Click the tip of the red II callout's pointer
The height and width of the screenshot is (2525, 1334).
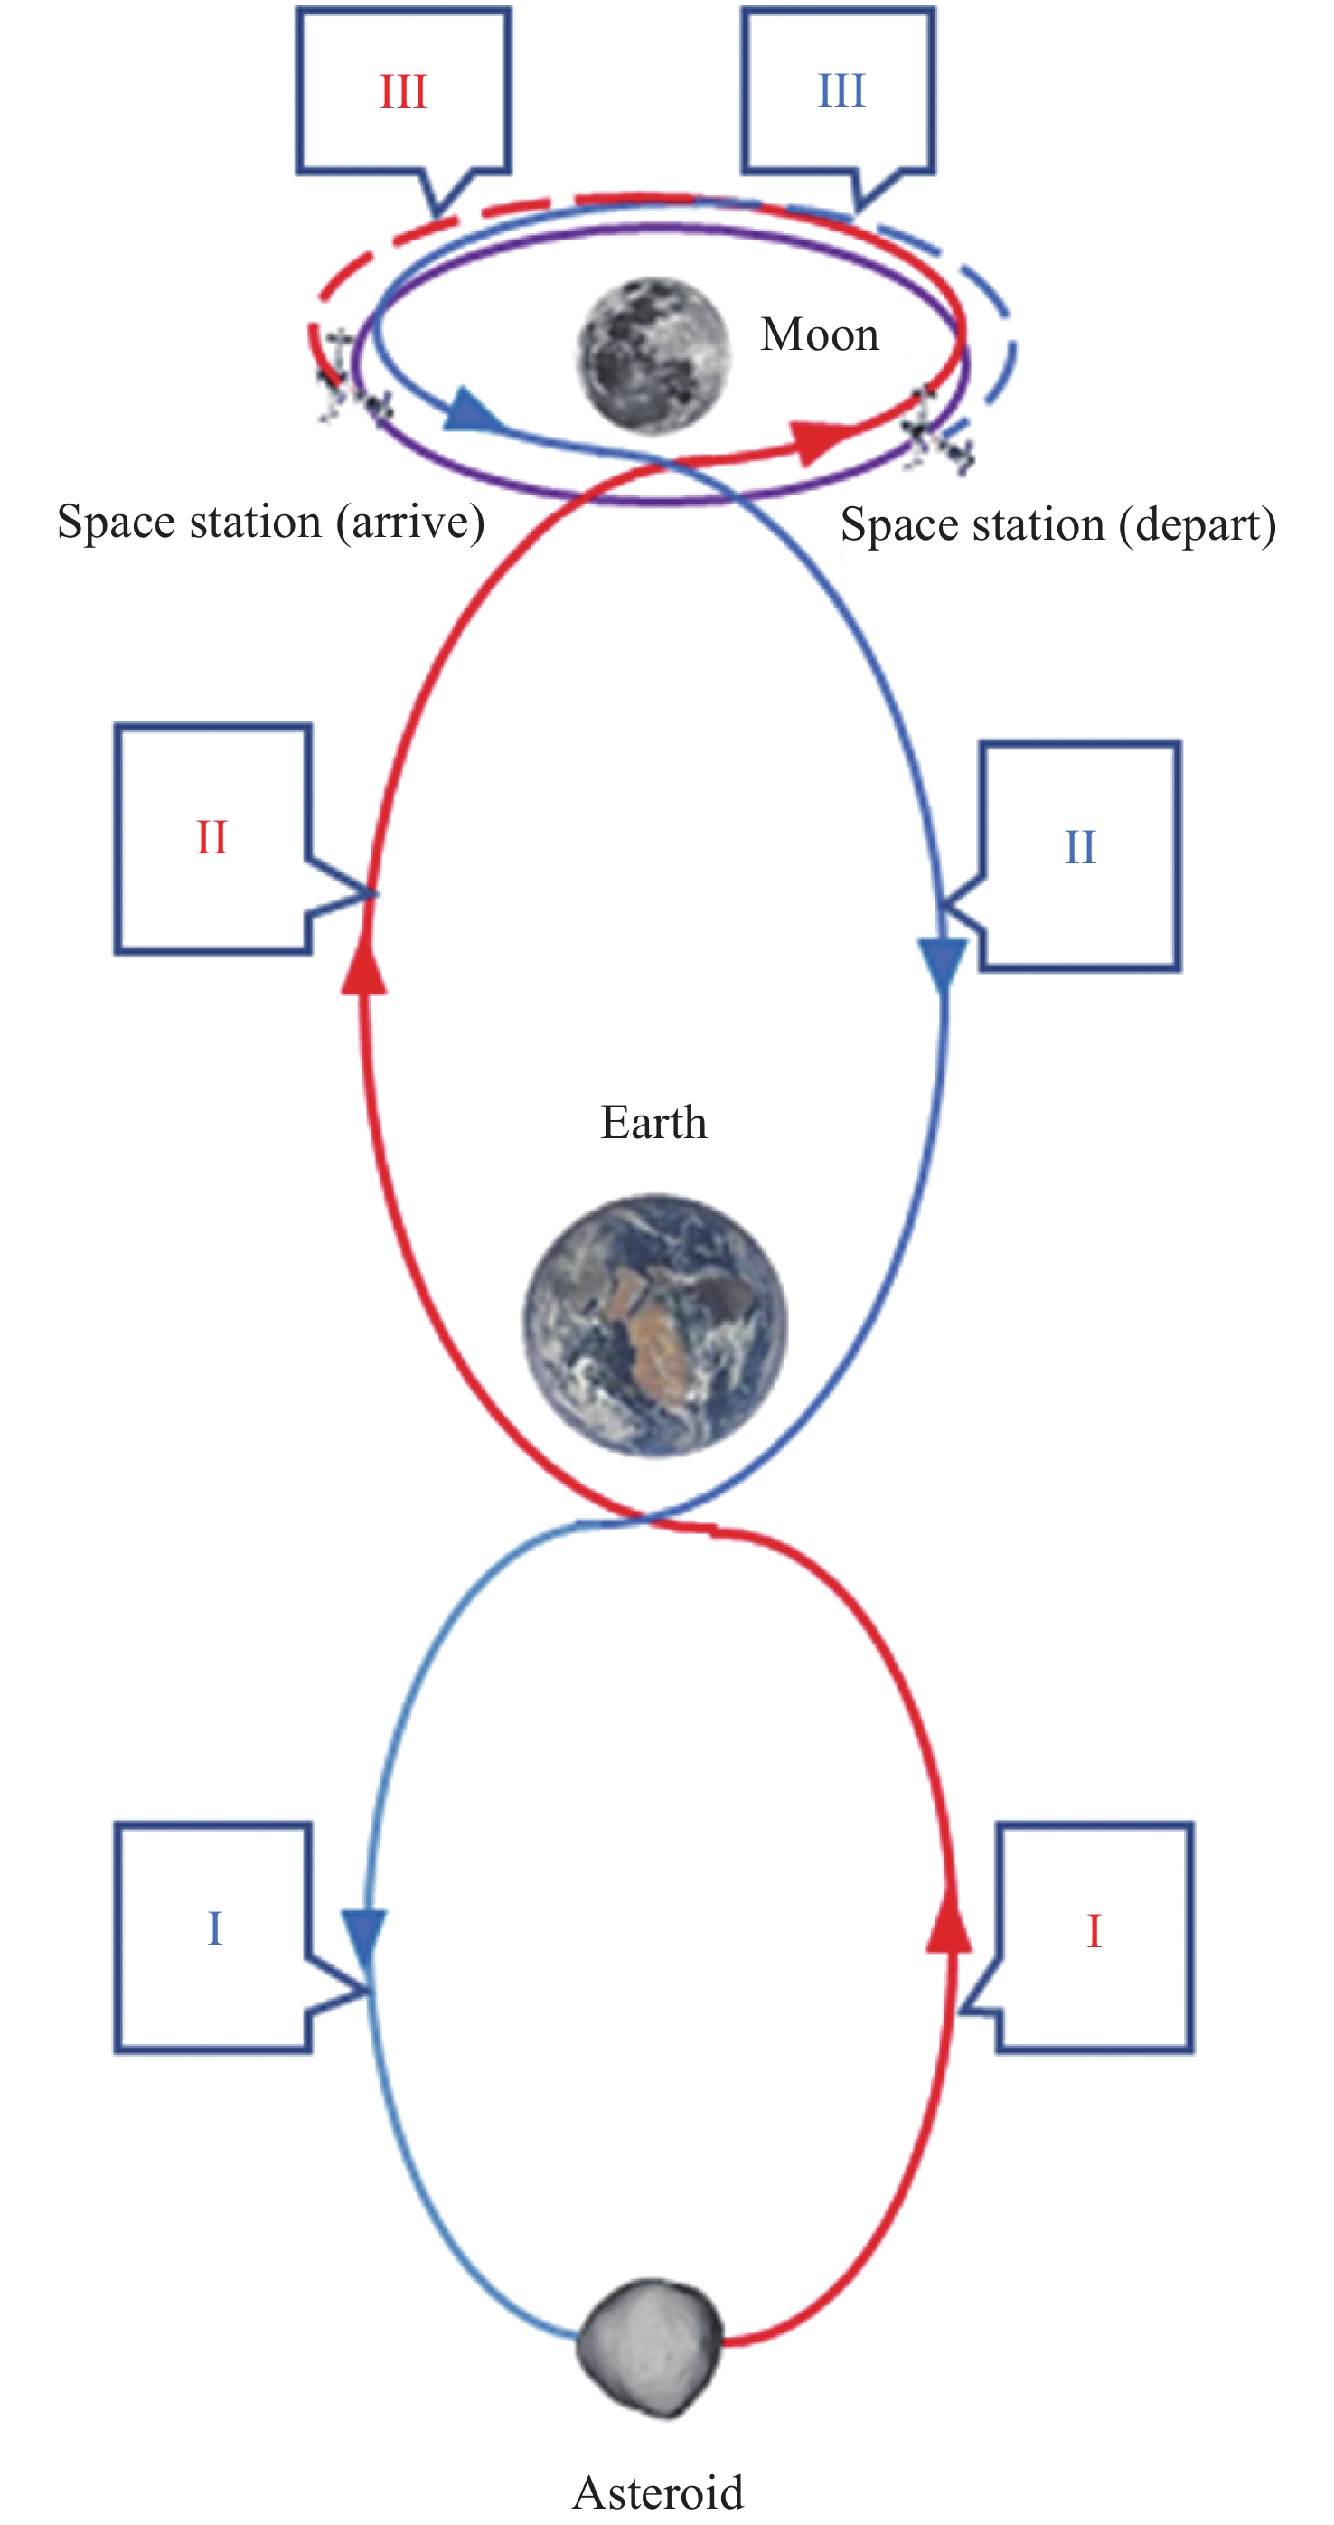tap(376, 893)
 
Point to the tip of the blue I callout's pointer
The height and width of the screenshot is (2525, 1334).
tap(372, 1989)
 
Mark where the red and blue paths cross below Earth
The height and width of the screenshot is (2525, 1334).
tap(643, 1520)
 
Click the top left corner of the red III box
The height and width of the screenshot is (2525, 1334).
tap(299, 10)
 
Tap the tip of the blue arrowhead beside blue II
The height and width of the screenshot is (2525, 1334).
tap(943, 996)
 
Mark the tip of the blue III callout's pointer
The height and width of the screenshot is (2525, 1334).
tap(857, 211)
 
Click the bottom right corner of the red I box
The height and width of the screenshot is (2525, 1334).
tap(1192, 2050)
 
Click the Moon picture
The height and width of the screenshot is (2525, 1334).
tap(653, 353)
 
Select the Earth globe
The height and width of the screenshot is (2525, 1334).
tap(654, 1324)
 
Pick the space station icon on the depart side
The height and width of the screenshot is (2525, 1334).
tap(937, 431)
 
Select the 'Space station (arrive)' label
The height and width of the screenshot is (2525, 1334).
tap(270, 523)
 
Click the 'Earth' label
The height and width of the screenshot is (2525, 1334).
tap(653, 1122)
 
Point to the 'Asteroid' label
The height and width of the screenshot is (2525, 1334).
tap(658, 2492)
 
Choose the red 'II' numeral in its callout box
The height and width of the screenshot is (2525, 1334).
tap(211, 838)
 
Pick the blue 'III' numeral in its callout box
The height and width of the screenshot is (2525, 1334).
tap(842, 91)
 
